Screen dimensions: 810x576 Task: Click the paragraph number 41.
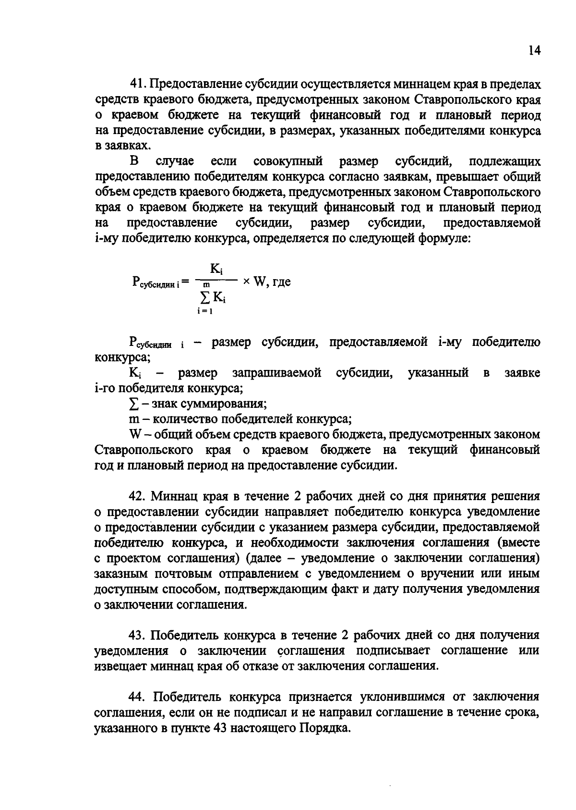137,85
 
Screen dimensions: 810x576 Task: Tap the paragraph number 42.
137,496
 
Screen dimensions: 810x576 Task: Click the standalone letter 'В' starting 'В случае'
133,161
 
